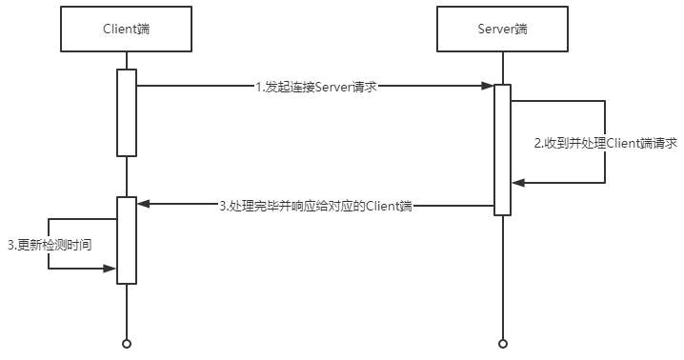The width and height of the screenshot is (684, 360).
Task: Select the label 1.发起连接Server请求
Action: pyautogui.click(x=316, y=87)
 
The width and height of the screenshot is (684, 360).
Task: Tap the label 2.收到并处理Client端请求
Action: pyautogui.click(x=606, y=143)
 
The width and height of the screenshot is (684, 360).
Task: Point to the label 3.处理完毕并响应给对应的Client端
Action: pyautogui.click(x=316, y=206)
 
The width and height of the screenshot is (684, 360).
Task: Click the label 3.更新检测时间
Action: pyautogui.click(x=50, y=245)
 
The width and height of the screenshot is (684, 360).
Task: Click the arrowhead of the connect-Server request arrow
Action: pyautogui.click(x=488, y=86)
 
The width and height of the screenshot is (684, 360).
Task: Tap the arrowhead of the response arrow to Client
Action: pyautogui.click(x=143, y=204)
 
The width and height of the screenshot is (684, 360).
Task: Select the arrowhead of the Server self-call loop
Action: pyautogui.click(x=518, y=183)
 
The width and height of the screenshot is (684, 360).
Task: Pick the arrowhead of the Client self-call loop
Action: pyautogui.click(x=110, y=269)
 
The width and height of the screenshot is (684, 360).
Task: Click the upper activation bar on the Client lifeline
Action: pyautogui.click(x=127, y=112)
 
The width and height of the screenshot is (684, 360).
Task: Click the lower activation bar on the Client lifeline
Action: pyautogui.click(x=127, y=240)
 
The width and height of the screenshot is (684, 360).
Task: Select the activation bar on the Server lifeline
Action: pyautogui.click(x=503, y=150)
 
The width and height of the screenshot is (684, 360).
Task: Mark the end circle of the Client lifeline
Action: pyautogui.click(x=127, y=344)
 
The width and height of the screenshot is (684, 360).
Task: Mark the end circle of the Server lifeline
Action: pyautogui.click(x=503, y=344)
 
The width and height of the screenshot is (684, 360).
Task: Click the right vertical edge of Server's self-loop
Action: pyautogui.click(x=605, y=142)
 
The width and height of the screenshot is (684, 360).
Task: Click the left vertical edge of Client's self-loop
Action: pyautogui.click(x=48, y=244)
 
